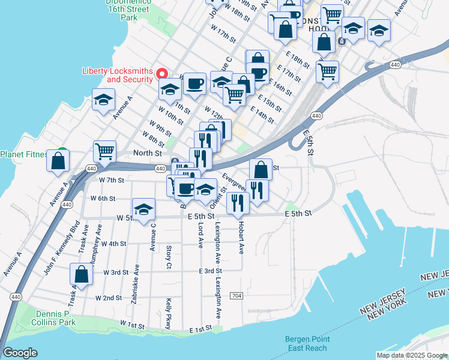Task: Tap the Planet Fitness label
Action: [x=24, y=154]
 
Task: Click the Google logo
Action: [x=20, y=352]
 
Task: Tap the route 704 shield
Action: [x=237, y=296]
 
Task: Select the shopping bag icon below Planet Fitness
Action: [x=58, y=161]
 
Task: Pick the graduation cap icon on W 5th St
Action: [x=144, y=211]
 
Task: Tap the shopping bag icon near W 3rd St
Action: [x=82, y=274]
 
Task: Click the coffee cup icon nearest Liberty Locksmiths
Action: [x=194, y=84]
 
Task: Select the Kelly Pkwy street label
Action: [x=169, y=313]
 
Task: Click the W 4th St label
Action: [x=113, y=244]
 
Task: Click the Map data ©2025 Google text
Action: [x=411, y=355]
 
